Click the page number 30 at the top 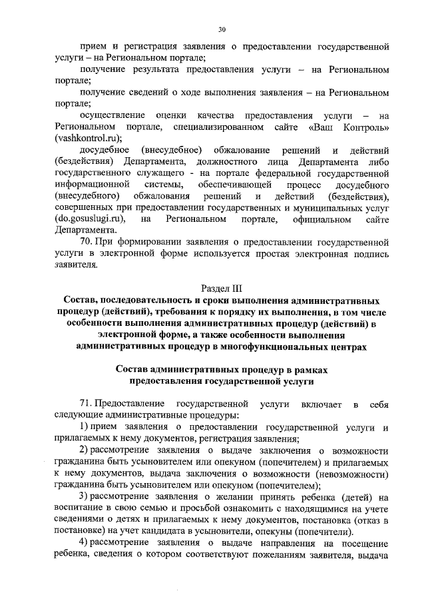(222, 29)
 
